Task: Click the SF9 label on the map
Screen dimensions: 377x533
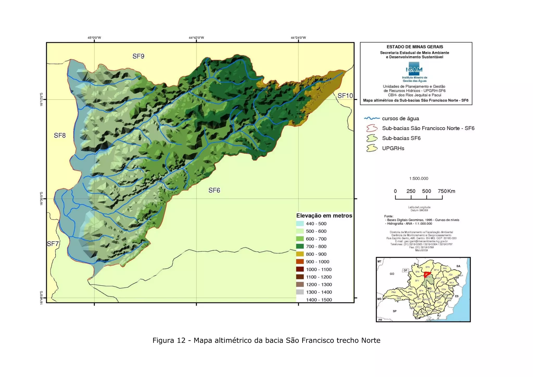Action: (x=138, y=56)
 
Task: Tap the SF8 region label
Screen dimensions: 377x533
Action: (x=60, y=135)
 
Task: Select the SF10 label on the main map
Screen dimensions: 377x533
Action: (x=345, y=96)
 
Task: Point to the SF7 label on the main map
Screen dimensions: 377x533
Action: (x=53, y=244)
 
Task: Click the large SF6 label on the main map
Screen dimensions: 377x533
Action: (x=214, y=190)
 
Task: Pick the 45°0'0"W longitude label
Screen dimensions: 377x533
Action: (x=94, y=38)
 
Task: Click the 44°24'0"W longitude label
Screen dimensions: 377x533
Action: (x=298, y=38)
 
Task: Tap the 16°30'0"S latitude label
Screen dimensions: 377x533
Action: (x=41, y=199)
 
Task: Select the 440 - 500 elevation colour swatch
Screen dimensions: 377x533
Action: (x=300, y=224)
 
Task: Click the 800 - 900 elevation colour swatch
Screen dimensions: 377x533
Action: (x=300, y=254)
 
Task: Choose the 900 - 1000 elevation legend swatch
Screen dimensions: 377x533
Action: (x=300, y=262)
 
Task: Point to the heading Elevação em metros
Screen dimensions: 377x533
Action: (x=324, y=216)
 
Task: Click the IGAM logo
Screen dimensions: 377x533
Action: (x=414, y=69)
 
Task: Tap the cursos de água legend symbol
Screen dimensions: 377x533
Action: (x=372, y=118)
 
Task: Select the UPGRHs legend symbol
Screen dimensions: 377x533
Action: (x=372, y=148)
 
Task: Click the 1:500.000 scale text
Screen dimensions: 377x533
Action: (x=418, y=179)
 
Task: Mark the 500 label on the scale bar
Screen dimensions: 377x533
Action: (x=426, y=191)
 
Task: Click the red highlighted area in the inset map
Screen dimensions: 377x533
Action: (x=427, y=274)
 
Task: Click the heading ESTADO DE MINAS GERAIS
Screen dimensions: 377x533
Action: (x=415, y=47)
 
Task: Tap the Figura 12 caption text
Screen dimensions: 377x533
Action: (x=266, y=340)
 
